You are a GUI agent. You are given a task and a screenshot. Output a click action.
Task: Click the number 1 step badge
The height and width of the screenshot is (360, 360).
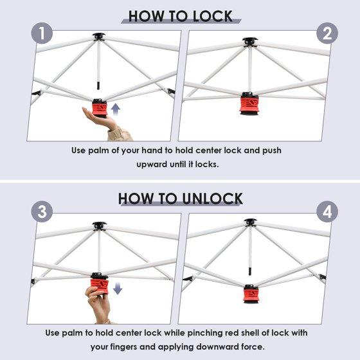click(x=42, y=33)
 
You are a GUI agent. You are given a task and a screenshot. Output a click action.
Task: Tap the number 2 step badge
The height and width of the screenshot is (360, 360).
click(x=327, y=33)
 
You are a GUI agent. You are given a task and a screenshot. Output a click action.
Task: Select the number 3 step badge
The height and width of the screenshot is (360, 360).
click(x=42, y=212)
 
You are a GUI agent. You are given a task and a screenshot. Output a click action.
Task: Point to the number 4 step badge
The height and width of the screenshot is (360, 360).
click(x=327, y=212)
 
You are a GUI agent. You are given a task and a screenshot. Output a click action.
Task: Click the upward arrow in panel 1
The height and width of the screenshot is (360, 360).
click(x=116, y=111)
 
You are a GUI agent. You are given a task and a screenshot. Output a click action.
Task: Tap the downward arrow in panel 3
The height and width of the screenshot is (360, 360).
click(x=118, y=288)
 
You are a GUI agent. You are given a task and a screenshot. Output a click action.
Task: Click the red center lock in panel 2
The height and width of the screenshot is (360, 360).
click(x=249, y=104)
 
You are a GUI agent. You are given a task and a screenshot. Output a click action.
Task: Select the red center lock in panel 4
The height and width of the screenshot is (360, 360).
click(x=251, y=294)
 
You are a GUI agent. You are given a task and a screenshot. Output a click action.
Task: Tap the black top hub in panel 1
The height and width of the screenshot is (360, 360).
click(x=99, y=37)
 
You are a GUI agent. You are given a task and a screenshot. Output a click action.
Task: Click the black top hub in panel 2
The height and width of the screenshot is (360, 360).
click(x=250, y=42)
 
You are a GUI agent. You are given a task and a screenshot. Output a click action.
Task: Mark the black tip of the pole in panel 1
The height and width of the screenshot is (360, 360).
click(x=98, y=85)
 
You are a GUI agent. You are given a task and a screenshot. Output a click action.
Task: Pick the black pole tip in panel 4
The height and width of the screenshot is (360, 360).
click(x=250, y=271)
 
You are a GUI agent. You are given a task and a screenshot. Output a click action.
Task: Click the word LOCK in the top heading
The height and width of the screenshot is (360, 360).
click(x=213, y=17)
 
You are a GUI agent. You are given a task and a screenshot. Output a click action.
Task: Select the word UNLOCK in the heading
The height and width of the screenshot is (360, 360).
click(x=212, y=199)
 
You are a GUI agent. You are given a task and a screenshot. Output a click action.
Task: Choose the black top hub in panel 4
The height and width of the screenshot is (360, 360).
click(x=250, y=222)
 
